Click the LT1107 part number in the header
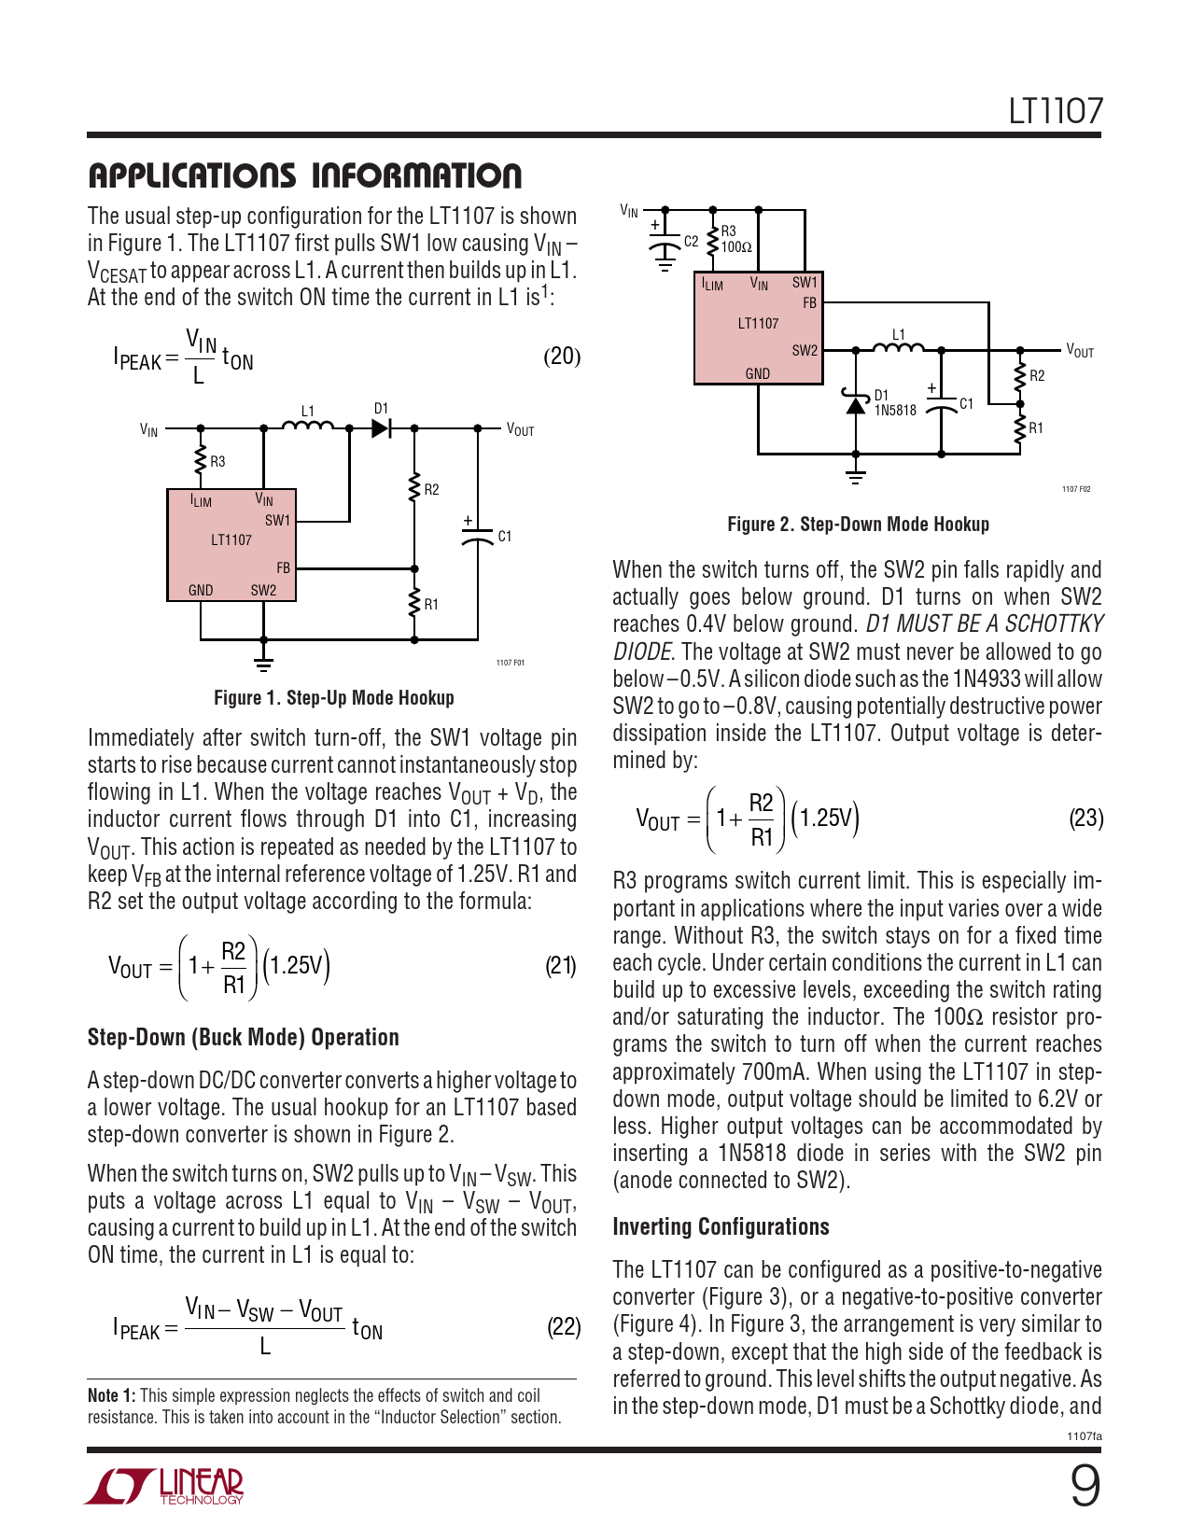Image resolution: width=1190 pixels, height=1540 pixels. tap(1055, 111)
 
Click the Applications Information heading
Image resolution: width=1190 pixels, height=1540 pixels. tap(304, 175)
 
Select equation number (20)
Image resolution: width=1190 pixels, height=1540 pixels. tap(561, 357)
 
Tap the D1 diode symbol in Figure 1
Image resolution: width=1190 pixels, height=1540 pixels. tap(381, 428)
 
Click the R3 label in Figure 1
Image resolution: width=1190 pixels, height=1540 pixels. tap(217, 461)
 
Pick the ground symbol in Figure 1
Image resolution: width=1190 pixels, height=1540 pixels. tap(264, 663)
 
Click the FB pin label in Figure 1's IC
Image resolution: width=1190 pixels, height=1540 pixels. tap(283, 567)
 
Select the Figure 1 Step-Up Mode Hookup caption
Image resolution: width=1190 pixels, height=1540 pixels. tap(333, 698)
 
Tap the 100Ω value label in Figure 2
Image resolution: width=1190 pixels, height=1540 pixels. tap(736, 247)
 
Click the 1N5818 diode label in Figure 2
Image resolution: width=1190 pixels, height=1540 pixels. tap(895, 411)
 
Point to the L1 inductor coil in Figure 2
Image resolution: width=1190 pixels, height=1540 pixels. tap(898, 347)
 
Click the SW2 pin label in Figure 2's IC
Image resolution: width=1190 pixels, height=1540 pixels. tap(805, 351)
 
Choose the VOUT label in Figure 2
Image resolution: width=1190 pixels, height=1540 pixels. tap(1080, 351)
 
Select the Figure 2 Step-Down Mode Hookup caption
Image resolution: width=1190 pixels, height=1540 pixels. tap(858, 525)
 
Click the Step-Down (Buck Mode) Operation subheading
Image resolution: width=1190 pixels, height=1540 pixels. tap(243, 1038)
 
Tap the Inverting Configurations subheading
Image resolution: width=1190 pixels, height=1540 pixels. tap(721, 1226)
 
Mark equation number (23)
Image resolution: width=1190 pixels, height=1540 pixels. tap(1085, 819)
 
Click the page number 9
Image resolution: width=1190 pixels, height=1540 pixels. tap(1085, 1487)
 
